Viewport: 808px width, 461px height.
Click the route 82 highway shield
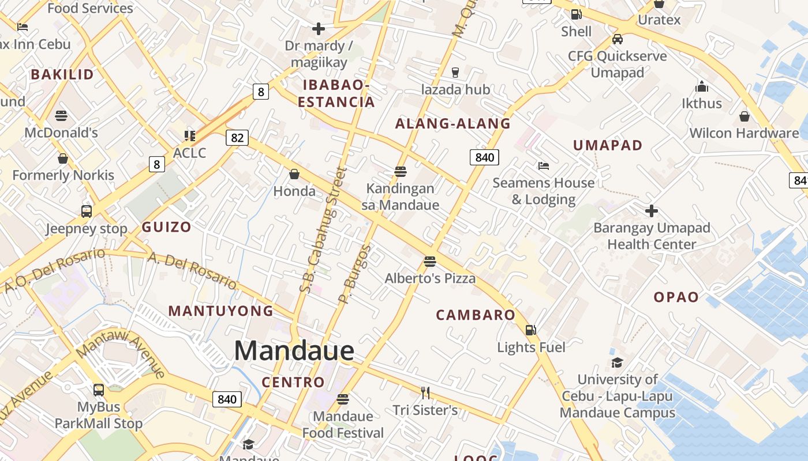point(237,138)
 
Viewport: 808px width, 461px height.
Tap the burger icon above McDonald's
point(61,116)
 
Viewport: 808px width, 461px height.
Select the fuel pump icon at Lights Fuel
point(530,330)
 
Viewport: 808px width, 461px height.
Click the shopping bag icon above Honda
point(294,174)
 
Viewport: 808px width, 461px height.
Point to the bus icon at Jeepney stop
point(87,211)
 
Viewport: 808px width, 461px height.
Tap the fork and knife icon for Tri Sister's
point(425,393)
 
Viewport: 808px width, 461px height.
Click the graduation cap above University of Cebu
point(617,363)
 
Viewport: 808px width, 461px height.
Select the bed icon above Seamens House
point(543,166)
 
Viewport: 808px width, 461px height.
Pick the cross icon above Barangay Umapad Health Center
point(652,211)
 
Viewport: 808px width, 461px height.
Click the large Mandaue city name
point(294,351)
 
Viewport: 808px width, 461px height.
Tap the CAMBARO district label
point(476,315)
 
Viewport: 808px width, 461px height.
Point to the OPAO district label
point(676,297)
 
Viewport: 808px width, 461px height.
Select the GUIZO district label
point(166,227)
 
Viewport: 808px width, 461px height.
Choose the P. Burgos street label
point(355,274)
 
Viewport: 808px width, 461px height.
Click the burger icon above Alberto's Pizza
point(429,262)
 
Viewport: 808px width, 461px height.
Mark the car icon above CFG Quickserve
point(617,39)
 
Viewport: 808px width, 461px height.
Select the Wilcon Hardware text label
point(744,133)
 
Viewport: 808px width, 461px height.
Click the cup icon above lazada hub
point(455,72)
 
